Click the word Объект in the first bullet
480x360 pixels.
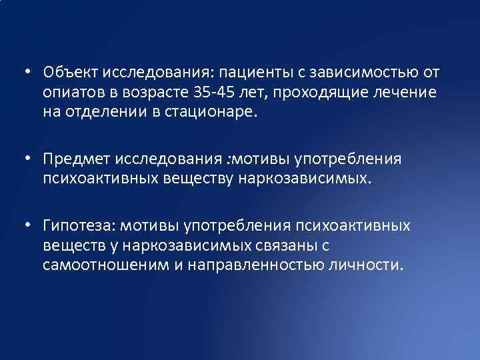click(x=65, y=71)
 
